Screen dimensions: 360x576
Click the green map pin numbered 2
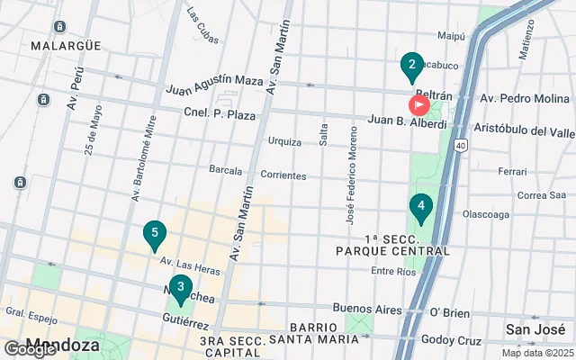click(411, 66)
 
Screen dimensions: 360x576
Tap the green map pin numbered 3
click(181, 290)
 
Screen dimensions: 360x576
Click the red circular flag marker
click(418, 104)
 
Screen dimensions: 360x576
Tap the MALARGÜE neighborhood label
click(51, 45)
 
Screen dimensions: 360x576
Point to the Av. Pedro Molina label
click(525, 97)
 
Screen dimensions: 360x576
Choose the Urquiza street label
click(284, 141)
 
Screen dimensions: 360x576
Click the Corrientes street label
click(283, 175)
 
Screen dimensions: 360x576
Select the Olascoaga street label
click(486, 215)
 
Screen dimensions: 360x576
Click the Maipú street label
click(450, 36)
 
